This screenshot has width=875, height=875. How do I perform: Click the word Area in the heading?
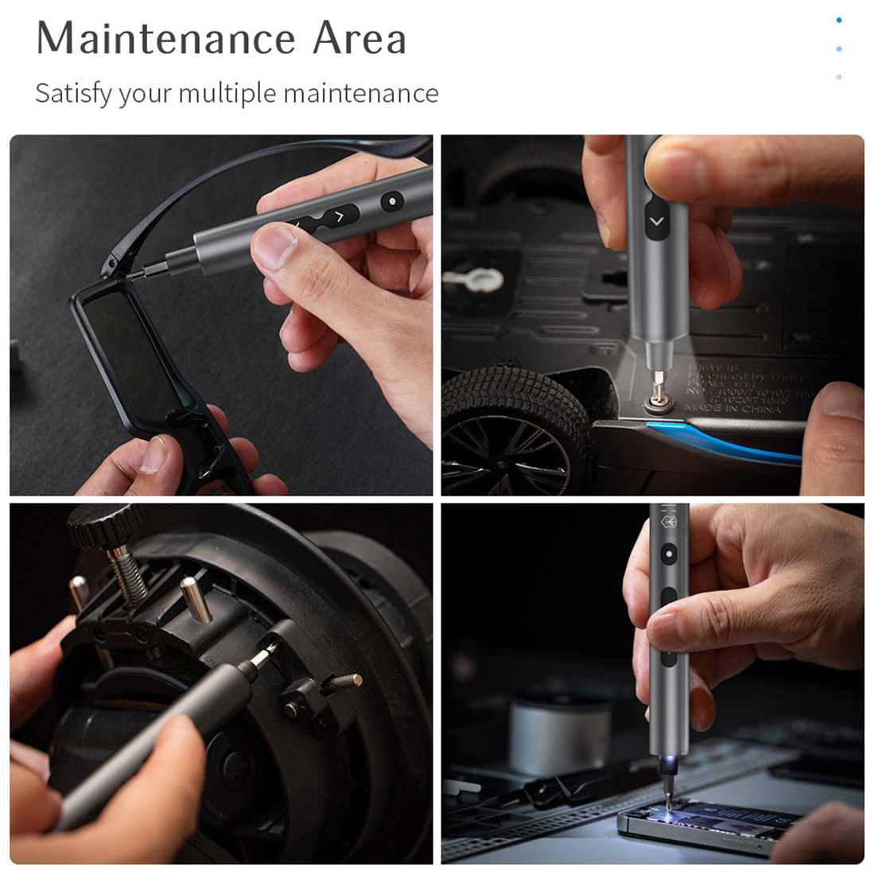(359, 39)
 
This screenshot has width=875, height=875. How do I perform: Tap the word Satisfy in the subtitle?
(73, 94)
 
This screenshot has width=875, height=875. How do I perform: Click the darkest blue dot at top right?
(839, 21)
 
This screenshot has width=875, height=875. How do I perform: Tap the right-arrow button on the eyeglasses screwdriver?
(340, 216)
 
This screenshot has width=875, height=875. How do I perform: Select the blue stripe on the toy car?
(724, 442)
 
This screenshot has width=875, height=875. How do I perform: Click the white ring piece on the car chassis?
(474, 278)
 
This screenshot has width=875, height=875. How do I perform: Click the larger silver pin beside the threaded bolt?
(196, 598)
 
